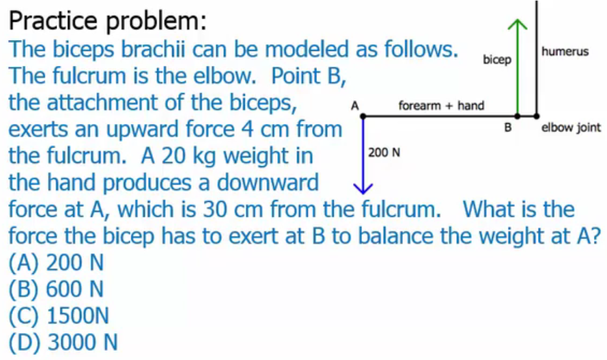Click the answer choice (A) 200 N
(x=56, y=262)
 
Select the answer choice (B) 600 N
(x=56, y=289)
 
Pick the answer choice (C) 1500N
(x=59, y=315)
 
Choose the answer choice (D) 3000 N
(x=63, y=342)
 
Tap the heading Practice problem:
(x=107, y=22)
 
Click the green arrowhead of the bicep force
(x=517, y=23)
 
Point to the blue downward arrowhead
(x=363, y=189)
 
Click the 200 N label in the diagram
(x=384, y=153)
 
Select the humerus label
(x=565, y=51)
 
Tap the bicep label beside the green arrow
(x=497, y=60)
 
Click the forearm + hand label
(x=441, y=105)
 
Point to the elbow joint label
(x=571, y=127)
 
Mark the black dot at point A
(x=363, y=116)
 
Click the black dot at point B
(x=517, y=116)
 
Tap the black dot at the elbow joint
(x=536, y=116)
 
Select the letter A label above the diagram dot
(x=355, y=105)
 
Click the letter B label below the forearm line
(x=508, y=127)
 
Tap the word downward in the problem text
(x=268, y=182)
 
